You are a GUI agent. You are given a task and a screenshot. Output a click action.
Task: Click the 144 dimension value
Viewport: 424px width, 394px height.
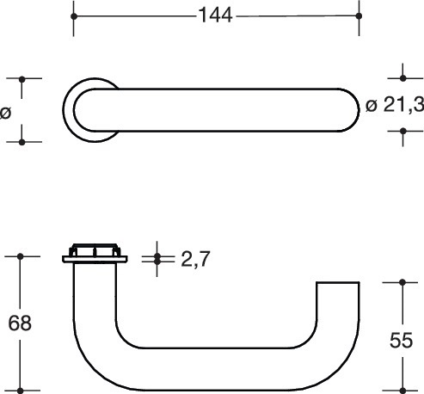click(x=215, y=15)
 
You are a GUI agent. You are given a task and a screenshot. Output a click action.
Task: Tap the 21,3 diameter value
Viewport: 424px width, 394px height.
click(x=404, y=105)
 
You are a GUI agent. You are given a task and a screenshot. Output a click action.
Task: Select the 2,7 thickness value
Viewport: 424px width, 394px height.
click(x=196, y=259)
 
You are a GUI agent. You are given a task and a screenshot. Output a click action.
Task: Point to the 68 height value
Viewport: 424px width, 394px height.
click(x=20, y=323)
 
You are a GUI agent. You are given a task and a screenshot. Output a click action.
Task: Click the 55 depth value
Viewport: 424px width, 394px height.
click(x=402, y=341)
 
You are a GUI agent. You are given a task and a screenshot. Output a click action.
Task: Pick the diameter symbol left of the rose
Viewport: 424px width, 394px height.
click(x=5, y=113)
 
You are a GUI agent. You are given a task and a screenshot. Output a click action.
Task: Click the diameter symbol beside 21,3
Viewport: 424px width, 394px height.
click(x=372, y=106)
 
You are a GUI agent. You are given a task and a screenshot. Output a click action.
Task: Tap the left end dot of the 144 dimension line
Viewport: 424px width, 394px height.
click(x=74, y=16)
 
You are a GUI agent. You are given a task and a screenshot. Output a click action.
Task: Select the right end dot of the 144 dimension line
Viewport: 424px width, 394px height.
click(x=359, y=15)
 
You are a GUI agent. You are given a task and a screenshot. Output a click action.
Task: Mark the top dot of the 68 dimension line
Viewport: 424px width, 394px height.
click(x=20, y=256)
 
